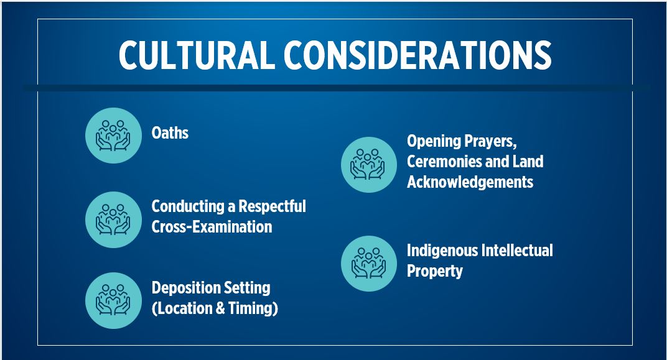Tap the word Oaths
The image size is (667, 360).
(170, 132)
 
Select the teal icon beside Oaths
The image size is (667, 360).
(113, 136)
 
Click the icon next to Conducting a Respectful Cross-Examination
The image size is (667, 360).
(113, 219)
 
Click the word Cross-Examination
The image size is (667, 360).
(212, 226)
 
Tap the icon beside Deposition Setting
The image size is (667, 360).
(113, 300)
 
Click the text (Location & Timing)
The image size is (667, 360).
(215, 308)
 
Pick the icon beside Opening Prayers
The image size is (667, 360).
(369, 165)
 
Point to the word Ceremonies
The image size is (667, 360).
(446, 162)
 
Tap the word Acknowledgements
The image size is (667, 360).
(470, 182)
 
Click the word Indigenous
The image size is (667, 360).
(442, 251)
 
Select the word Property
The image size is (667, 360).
(434, 271)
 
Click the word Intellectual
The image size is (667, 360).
(516, 251)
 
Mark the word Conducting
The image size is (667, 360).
(188, 206)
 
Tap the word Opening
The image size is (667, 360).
(433, 141)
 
